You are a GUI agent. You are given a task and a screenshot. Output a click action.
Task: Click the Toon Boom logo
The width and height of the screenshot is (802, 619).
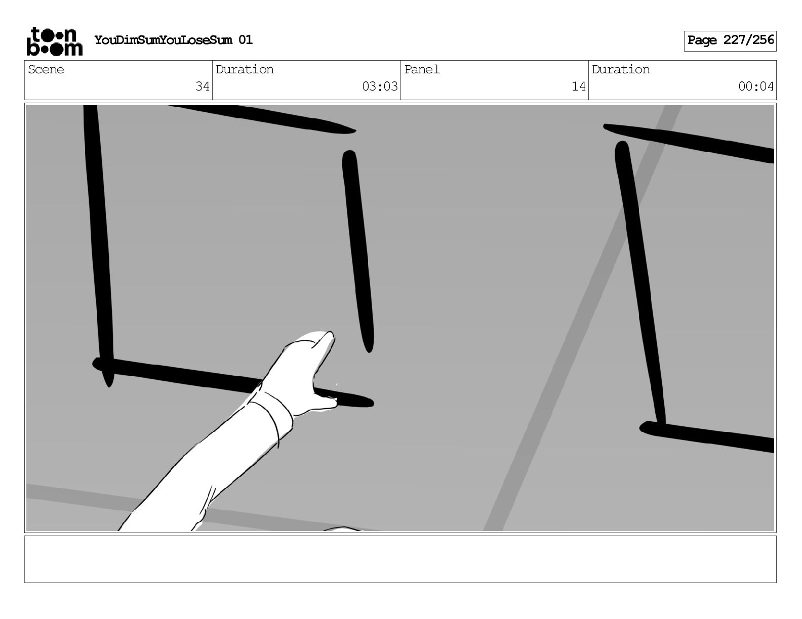pos(55,41)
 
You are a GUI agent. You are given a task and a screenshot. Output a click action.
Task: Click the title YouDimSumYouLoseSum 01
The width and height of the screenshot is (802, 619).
pos(174,40)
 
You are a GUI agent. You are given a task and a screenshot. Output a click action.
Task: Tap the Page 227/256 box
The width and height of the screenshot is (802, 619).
pos(730,41)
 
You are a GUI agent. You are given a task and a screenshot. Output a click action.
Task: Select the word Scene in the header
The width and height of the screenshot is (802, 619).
pos(46,69)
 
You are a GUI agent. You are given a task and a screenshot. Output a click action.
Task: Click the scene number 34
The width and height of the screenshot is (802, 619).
pos(202,86)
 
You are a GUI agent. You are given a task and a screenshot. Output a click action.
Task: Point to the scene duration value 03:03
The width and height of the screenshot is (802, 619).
pos(380,86)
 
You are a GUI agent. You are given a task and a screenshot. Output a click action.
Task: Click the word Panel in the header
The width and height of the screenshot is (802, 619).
pos(422,69)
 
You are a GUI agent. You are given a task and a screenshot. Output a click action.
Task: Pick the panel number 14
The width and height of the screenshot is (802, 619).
pos(578,86)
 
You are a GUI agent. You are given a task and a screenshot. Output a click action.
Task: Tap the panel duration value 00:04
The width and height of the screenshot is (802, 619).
pos(756,86)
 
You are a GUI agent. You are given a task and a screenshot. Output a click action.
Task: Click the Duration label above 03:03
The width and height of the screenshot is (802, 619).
pos(245,69)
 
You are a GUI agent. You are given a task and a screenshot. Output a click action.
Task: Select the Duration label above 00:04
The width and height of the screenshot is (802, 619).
pos(621,69)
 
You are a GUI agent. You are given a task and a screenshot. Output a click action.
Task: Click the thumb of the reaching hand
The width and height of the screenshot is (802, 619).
pos(325,403)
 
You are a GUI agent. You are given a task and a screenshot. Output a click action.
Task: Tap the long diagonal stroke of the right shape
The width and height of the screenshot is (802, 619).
pos(640,284)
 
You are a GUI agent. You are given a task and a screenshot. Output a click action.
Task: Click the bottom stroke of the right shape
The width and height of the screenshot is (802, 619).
pos(707,437)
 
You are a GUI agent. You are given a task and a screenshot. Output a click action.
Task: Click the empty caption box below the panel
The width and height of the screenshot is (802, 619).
pos(400,559)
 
